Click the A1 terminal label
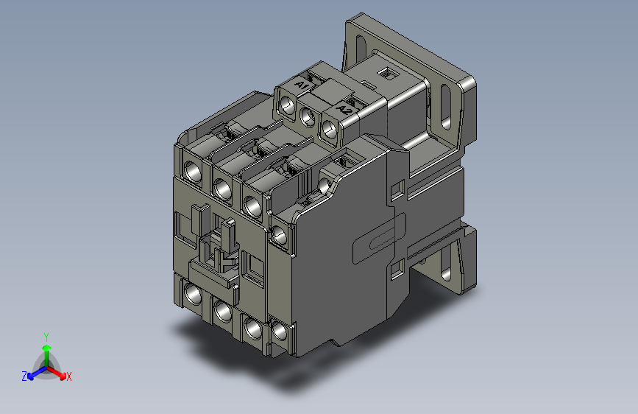point(301,87)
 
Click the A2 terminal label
point(343,109)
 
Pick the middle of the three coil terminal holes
point(308,114)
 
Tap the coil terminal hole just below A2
point(330,128)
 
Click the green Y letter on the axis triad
point(46,335)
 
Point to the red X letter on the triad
point(68,376)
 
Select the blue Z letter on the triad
point(24,376)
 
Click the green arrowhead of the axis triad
point(46,347)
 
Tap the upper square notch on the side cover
point(397,190)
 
